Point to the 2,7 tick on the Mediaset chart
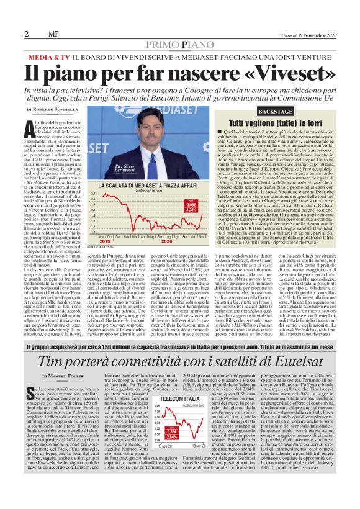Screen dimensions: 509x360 pyautogui.click(x=93, y=194)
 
